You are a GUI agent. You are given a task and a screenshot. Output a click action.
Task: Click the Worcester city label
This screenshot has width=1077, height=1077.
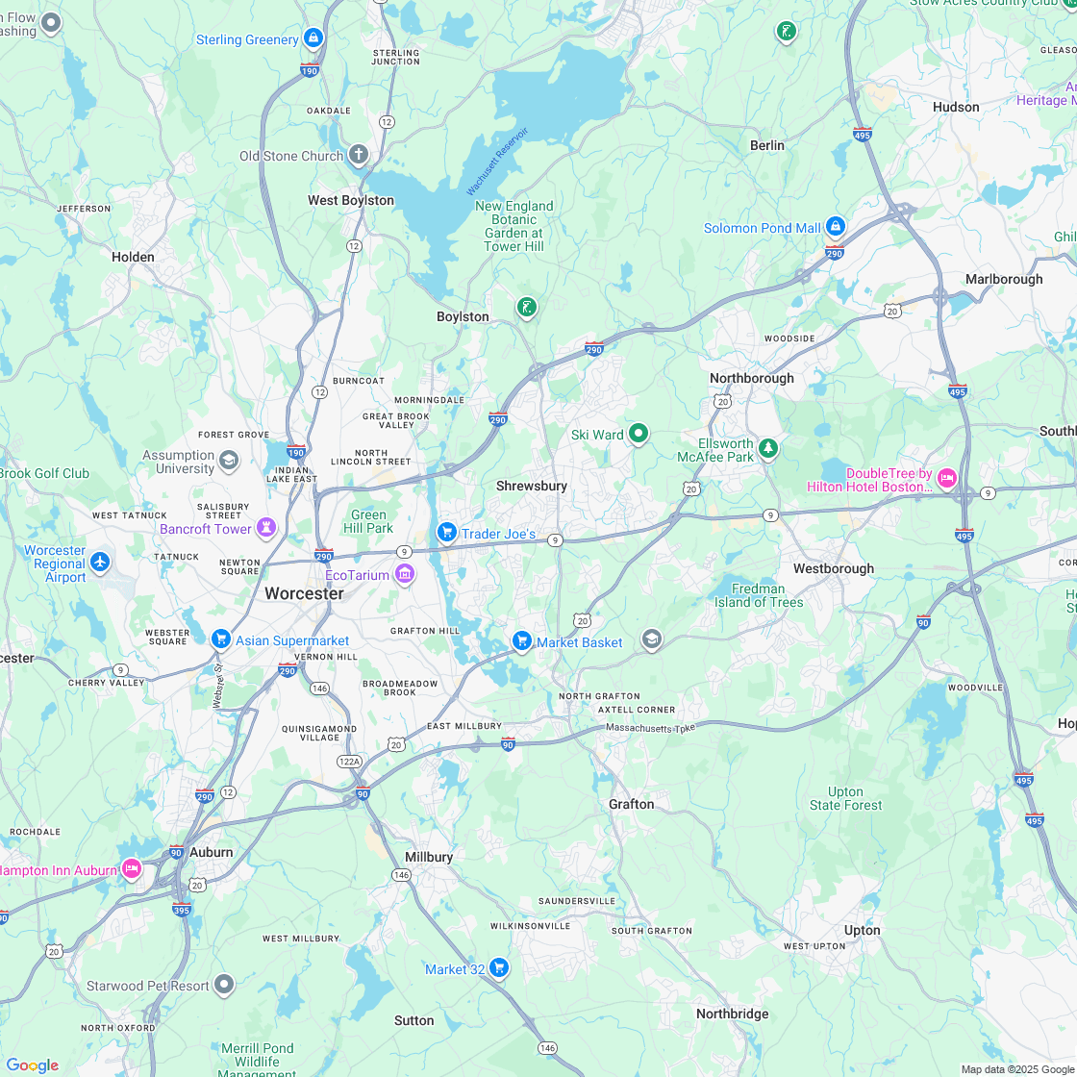(x=304, y=593)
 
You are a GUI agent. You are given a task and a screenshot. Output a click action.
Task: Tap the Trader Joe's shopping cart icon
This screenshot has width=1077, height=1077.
(x=446, y=532)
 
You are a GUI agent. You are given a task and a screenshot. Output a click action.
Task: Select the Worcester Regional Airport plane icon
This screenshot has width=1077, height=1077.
(x=100, y=562)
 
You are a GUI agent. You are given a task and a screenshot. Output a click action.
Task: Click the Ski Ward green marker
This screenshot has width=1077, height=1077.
(x=638, y=434)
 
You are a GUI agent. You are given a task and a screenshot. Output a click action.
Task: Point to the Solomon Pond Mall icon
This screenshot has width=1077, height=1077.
(x=835, y=227)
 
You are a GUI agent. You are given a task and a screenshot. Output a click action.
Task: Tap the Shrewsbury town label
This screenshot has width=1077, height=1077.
(x=532, y=486)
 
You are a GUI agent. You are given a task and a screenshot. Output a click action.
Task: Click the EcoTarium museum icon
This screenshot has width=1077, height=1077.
(x=405, y=575)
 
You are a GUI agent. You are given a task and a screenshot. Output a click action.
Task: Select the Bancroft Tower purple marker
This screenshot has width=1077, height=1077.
(x=265, y=528)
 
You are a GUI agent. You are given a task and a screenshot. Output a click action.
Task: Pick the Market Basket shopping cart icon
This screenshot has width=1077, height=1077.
(x=522, y=640)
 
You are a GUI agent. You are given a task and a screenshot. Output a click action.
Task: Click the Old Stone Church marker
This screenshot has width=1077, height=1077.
(x=358, y=155)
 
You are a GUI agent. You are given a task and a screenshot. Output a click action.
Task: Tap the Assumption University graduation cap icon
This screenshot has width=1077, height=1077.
(x=229, y=461)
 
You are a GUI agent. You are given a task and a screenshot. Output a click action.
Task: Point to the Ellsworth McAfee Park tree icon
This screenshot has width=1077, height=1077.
(x=767, y=448)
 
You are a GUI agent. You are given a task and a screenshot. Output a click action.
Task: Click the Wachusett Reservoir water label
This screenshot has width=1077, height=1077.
(x=497, y=161)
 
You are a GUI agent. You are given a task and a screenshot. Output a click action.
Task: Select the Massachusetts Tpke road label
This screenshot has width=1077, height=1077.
(x=649, y=728)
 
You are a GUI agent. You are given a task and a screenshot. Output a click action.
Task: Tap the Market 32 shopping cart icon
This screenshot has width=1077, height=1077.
(x=498, y=967)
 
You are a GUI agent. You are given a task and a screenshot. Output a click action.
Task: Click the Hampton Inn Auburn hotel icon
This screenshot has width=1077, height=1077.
(x=132, y=869)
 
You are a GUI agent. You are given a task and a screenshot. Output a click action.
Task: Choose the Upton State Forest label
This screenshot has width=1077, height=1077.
(x=845, y=798)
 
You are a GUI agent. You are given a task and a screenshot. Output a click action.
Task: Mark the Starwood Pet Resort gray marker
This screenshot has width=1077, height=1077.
(x=224, y=984)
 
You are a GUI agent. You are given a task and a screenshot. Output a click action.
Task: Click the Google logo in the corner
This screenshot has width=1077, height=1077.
(x=32, y=1064)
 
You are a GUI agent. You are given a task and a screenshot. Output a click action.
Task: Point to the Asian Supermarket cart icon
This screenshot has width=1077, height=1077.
(x=220, y=639)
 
